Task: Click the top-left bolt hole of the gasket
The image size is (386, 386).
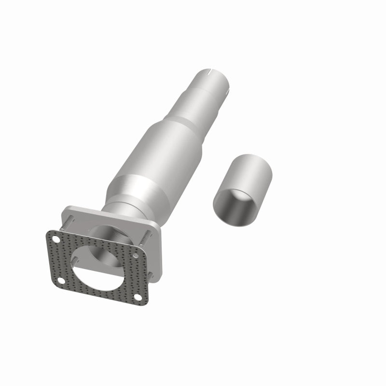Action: (56, 238)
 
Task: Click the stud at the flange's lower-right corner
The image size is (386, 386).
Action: (151, 275)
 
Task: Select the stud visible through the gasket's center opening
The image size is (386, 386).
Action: (75, 259)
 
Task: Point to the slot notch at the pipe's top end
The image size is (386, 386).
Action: (210, 73)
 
